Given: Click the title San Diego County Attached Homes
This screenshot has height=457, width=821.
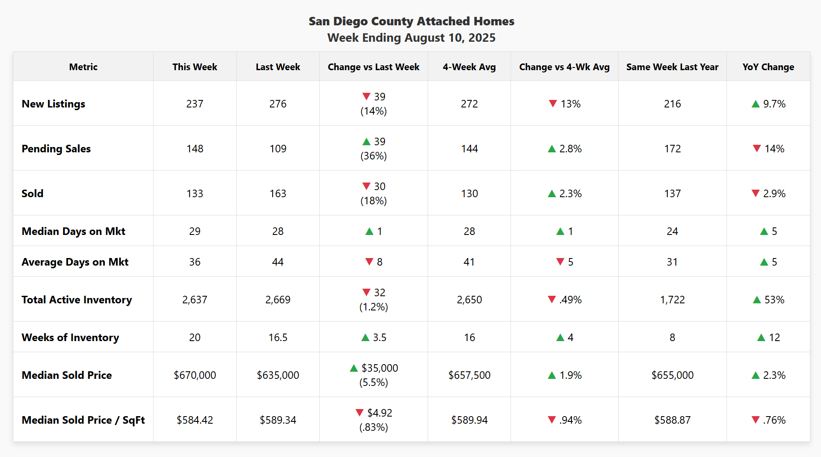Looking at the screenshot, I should pos(411,21).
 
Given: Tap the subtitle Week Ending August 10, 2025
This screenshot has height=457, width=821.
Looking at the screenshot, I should pos(411,38).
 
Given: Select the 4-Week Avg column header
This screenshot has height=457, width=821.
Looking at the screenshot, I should pos(469,67).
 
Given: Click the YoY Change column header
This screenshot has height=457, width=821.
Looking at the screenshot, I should pos(768,67).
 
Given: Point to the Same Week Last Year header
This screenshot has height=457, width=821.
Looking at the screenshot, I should pos(672,67).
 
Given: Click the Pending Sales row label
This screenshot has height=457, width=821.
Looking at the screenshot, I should pos(56,149).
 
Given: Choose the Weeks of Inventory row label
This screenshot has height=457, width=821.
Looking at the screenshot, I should pos(70,338).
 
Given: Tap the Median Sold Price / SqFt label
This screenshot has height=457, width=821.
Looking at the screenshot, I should pos(83,420).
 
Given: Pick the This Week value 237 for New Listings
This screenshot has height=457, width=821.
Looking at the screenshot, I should pos(194,104).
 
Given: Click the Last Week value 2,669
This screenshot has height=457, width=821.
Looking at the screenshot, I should pos(278,300).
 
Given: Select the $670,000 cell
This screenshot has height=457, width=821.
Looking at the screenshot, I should pos(194,375).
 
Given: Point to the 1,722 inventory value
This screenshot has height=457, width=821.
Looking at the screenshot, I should pos(672,300).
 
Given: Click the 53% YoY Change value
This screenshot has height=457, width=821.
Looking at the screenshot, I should pos(774,300).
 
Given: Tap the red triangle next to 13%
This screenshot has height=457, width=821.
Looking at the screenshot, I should pos(553,103).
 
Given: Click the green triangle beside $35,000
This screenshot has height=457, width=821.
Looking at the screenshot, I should pos(354,368).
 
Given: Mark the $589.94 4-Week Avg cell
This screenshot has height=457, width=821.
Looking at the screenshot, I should pos(469,420).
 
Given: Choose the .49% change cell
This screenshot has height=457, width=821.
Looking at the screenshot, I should pos(570,300).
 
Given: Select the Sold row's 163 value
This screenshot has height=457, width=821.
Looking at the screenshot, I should pos(278,194).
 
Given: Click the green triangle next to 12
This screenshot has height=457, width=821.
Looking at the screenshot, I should pos(761,338).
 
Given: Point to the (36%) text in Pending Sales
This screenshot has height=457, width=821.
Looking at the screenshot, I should pos(373,156).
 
